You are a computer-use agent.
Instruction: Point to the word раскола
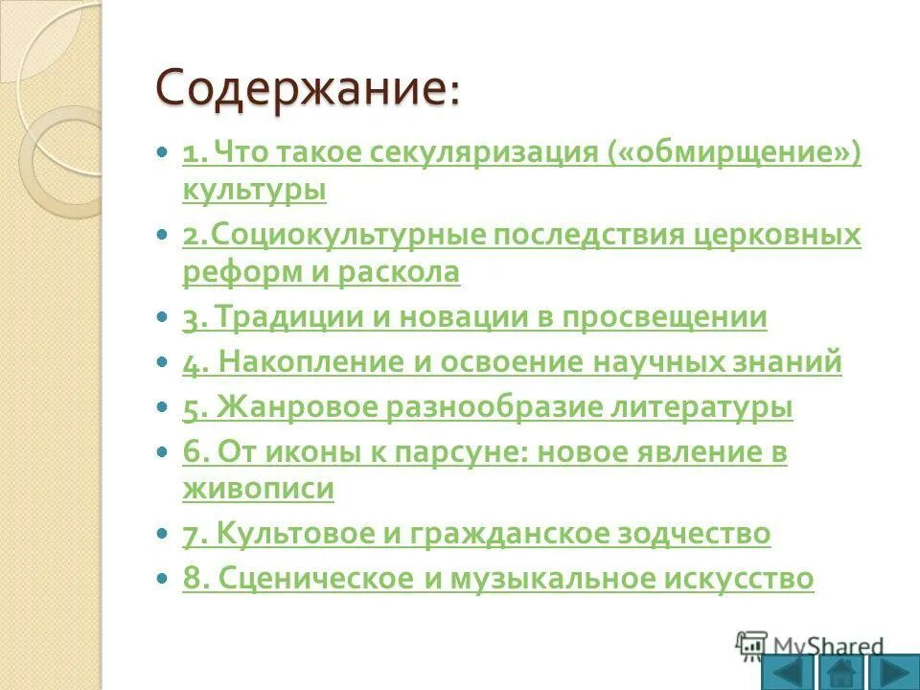[x=399, y=273]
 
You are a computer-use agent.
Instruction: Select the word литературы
[x=688, y=408]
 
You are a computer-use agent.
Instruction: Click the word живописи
[x=259, y=490]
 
